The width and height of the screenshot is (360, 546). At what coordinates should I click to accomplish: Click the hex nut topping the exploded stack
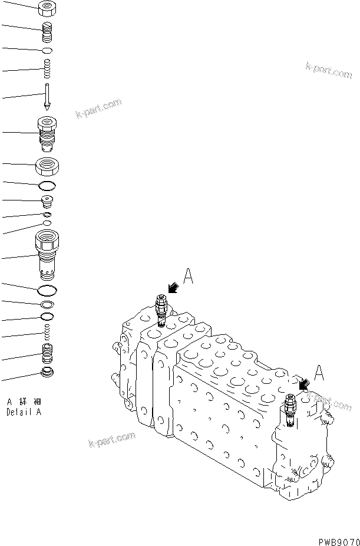point(46,9)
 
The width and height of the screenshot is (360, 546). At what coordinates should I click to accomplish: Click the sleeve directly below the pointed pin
point(46,134)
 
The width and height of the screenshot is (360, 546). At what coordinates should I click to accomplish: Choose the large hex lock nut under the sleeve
point(46,167)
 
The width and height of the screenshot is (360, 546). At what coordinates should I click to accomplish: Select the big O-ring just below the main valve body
point(47,290)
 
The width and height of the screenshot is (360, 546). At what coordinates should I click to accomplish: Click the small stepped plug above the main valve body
point(47,202)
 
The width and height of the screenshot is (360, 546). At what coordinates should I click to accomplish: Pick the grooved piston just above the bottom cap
point(47,354)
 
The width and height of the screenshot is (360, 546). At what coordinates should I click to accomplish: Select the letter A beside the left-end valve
point(188,276)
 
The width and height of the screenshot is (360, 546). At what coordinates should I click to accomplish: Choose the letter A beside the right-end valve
point(319,373)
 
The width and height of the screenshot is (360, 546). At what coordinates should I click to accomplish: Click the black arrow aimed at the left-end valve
point(173,288)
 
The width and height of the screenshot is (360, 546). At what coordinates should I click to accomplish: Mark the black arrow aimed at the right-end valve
point(305,384)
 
